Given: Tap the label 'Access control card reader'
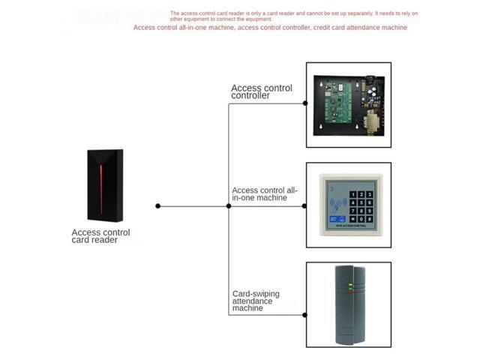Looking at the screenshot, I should (100, 236).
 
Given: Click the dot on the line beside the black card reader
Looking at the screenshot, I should (157, 205).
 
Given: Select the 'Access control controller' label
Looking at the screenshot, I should (261, 91).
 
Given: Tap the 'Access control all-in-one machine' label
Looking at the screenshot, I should (265, 194).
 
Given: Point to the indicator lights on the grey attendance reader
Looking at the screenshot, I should (350, 286).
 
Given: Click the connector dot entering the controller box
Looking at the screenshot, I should (304, 104).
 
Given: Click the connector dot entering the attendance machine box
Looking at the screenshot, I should (304, 315).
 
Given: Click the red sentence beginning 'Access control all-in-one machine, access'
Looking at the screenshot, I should (270, 28).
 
